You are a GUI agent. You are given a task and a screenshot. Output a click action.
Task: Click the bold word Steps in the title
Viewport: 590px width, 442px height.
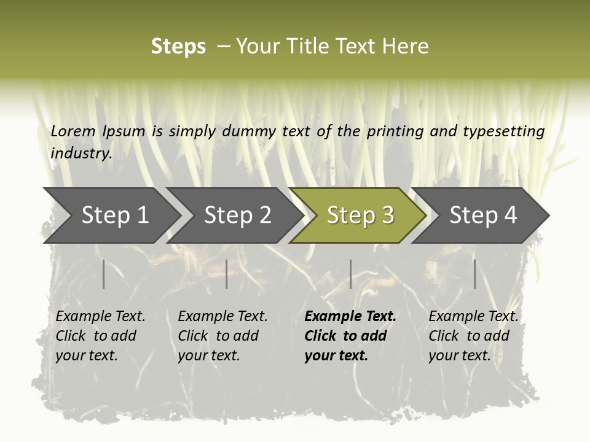(178, 47)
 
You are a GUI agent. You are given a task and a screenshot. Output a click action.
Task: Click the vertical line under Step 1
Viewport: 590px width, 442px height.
(104, 274)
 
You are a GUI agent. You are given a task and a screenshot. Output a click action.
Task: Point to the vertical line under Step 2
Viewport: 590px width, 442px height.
(227, 274)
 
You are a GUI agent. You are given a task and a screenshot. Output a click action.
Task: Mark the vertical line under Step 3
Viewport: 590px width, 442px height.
(350, 274)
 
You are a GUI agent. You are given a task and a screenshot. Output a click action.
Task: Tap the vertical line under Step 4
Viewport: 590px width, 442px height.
(474, 274)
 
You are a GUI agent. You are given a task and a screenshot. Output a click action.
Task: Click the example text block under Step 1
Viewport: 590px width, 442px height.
(100, 336)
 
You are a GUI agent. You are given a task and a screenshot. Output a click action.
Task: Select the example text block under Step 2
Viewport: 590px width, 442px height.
(222, 336)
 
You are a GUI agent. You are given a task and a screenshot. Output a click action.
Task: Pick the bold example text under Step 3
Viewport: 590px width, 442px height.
(350, 336)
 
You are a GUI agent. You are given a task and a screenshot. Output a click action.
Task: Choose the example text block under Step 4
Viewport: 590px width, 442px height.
(473, 336)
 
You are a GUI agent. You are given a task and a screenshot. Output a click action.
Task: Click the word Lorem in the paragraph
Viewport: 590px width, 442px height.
(73, 131)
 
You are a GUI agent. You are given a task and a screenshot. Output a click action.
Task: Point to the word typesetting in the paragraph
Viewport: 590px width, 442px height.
(503, 131)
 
